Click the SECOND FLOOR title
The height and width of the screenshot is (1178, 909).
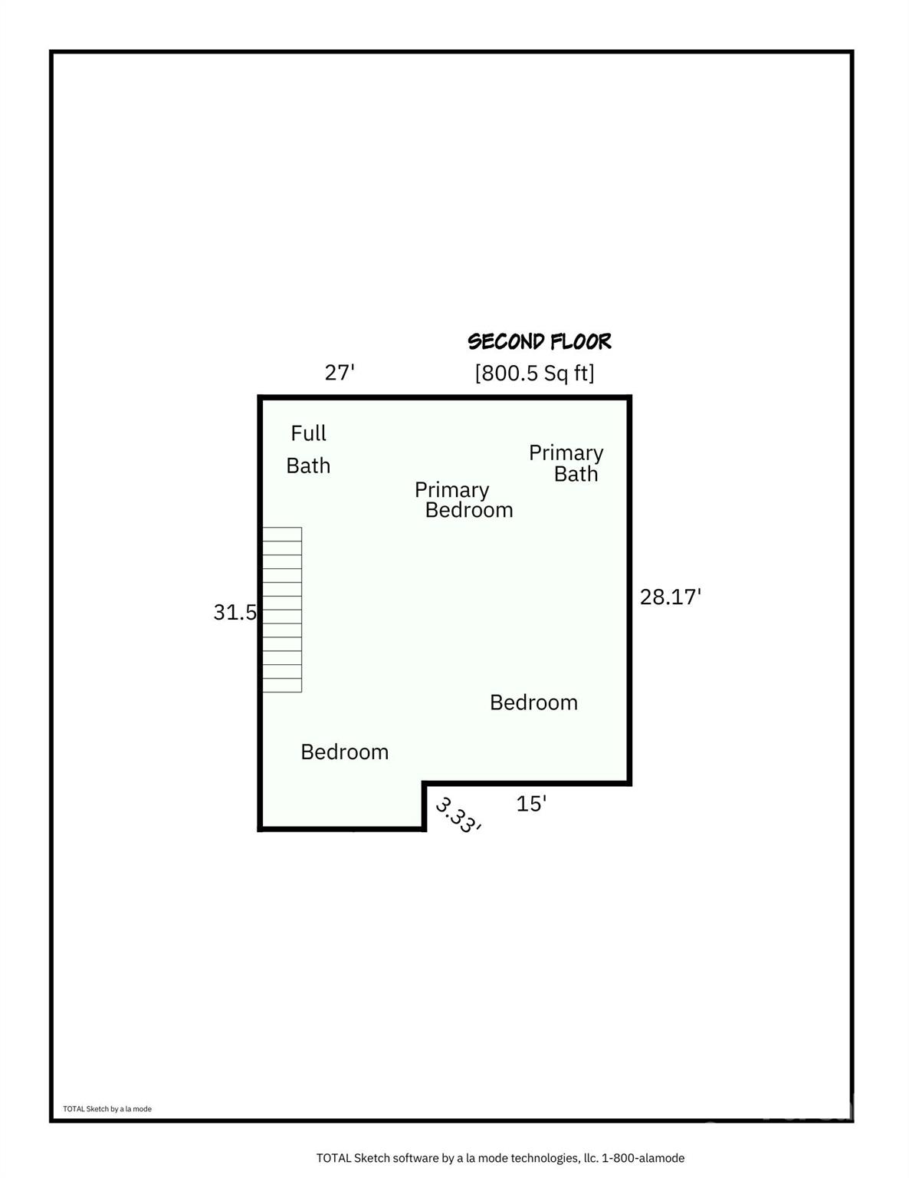point(539,342)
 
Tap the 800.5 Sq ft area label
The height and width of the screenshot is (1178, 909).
point(534,373)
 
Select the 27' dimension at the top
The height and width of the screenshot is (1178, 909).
point(339,373)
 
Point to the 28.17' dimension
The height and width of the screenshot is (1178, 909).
point(670,597)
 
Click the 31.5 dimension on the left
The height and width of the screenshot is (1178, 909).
point(235,612)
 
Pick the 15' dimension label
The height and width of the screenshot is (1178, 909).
point(531,804)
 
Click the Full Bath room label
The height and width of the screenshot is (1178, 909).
point(308,449)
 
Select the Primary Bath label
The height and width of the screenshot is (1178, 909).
point(566,463)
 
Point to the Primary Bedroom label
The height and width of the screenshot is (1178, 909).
point(464,500)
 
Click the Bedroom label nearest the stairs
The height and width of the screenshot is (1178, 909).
point(345,752)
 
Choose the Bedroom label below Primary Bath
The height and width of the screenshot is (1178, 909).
point(533,703)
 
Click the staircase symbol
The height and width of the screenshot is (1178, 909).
point(282,610)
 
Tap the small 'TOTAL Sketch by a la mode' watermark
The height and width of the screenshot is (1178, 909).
point(107,1109)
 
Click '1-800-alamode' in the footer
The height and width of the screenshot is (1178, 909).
point(643,1158)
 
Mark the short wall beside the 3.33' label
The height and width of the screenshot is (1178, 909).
point(424,806)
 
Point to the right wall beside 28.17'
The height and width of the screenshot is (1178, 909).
point(629,591)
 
